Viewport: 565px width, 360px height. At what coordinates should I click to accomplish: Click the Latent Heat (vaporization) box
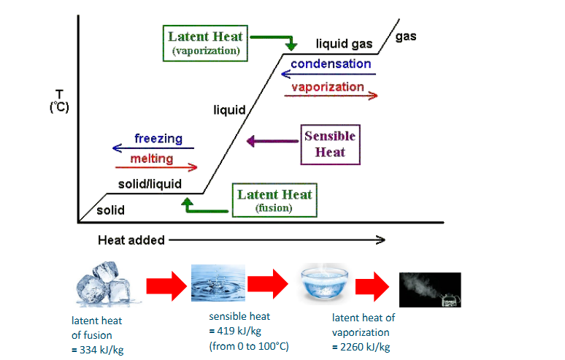[x=206, y=43]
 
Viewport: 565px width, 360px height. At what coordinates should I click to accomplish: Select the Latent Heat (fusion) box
[x=274, y=200]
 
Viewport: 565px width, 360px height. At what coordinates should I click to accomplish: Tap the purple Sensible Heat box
[x=330, y=144]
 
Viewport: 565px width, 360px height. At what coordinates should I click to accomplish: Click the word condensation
[x=331, y=64]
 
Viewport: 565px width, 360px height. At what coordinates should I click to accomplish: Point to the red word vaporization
[x=328, y=87]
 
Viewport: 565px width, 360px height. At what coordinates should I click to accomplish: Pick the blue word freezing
[x=158, y=139]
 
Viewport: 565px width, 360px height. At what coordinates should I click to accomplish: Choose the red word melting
[x=152, y=159]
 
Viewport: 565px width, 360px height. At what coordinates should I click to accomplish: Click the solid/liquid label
[x=150, y=184]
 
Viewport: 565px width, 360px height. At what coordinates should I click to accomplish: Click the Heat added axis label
[x=131, y=240]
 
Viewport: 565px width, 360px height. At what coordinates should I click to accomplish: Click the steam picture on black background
[x=430, y=290]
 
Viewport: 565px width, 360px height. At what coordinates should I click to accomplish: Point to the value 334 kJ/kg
[x=96, y=349]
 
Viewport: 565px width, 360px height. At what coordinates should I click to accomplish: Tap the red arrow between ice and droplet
[x=165, y=285]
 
